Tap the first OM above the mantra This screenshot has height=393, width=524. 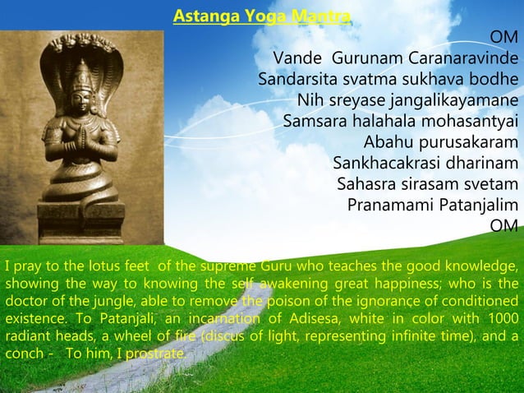coord(503,39)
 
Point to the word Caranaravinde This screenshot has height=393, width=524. coord(467,59)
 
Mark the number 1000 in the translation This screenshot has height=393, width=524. coord(502,319)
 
